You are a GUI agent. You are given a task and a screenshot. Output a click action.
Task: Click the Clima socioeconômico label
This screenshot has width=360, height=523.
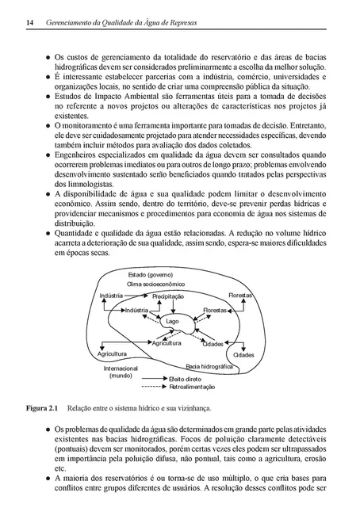coord(156,284)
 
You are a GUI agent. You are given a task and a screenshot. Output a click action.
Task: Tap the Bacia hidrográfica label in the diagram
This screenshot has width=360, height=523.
coord(209,368)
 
